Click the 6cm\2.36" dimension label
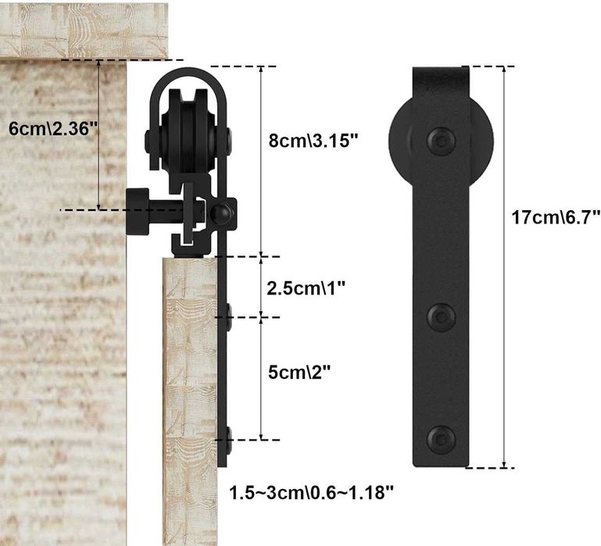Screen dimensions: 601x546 coord(53,129)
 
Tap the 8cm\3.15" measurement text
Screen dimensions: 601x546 coord(313,141)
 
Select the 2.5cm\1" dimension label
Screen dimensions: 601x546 coord(306,288)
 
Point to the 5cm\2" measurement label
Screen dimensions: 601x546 coord(299,372)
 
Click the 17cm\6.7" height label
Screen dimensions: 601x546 coord(556,217)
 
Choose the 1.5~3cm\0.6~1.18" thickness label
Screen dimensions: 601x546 coord(311,492)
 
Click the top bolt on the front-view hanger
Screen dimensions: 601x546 coord(441,141)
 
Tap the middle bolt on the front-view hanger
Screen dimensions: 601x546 coord(441,317)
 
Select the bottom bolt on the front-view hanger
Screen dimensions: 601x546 coord(441,440)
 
